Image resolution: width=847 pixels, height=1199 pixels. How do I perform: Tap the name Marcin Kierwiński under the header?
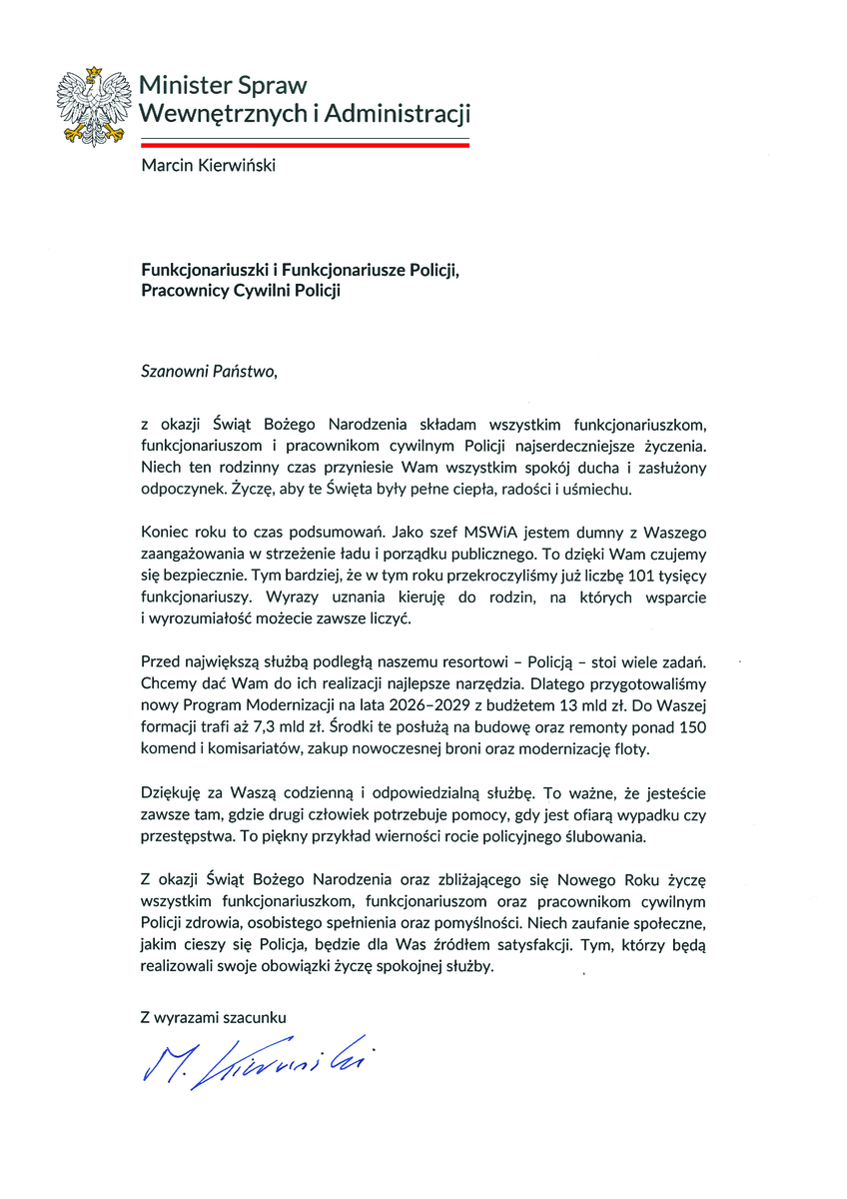[x=208, y=165]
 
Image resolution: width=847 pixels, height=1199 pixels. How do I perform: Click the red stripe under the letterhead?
[x=306, y=145]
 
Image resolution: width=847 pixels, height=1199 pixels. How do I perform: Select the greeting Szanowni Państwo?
[x=207, y=373]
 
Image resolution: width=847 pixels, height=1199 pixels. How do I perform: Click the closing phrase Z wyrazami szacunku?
[x=214, y=1017]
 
